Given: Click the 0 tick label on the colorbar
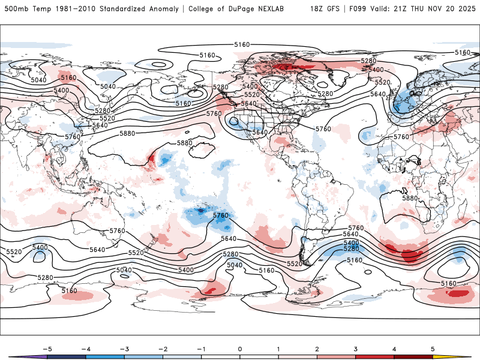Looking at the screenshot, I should [x=240, y=349].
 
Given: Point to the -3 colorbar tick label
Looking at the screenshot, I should [x=124, y=349].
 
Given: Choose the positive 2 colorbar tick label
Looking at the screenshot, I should [x=317, y=349].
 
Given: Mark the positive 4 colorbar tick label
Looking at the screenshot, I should [x=395, y=349].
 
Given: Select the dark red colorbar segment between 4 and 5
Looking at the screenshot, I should [x=414, y=356].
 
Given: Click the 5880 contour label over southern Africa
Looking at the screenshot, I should [x=410, y=198].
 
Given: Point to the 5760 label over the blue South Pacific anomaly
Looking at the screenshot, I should [x=221, y=215].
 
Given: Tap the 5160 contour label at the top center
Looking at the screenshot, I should [x=242, y=45].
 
